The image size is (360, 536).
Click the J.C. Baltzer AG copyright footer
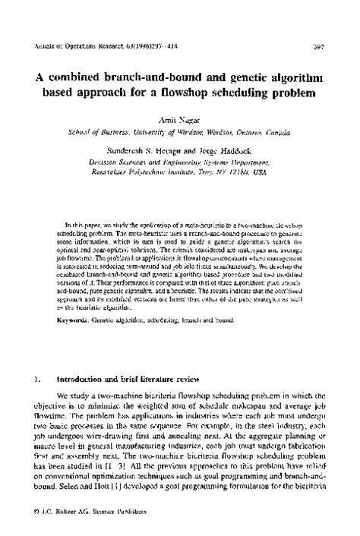[x=83, y=525]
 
